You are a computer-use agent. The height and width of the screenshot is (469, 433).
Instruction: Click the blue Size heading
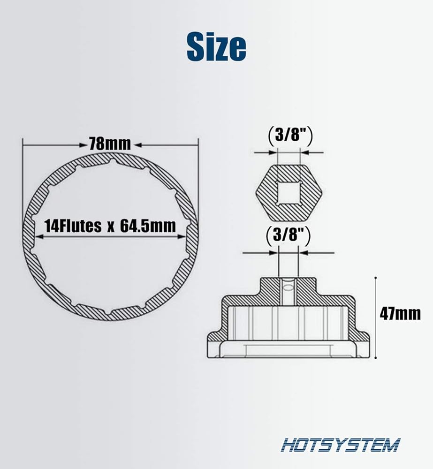[216, 46]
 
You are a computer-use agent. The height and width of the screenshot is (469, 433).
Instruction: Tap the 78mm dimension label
[110, 144]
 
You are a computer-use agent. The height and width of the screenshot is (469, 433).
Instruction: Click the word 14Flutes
[73, 226]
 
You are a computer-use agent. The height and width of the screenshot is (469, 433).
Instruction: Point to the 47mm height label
[400, 314]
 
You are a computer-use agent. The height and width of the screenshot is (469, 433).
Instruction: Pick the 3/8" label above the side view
[288, 235]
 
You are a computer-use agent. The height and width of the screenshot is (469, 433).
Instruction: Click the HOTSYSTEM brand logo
[340, 445]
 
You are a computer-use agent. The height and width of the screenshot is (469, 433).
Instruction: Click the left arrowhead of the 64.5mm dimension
[39, 236]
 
